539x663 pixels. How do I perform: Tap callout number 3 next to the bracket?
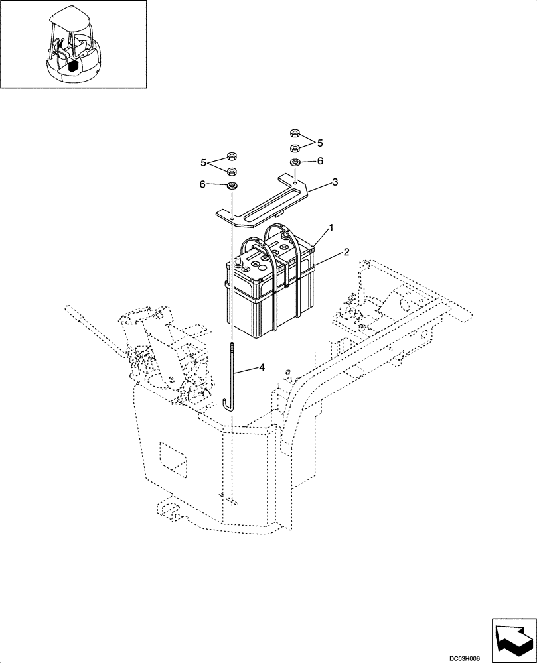(335, 181)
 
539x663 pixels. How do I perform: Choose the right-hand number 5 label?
(320, 143)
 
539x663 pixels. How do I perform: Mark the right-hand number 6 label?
(320, 161)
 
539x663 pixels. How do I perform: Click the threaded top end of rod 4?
(232, 348)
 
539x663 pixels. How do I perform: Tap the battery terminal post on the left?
(236, 265)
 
